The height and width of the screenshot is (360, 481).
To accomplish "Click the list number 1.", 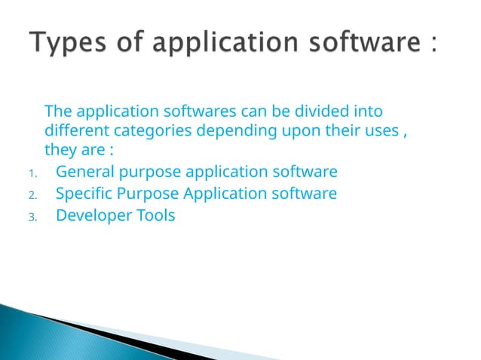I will [32, 173].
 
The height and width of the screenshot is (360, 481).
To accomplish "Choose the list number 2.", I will [32, 195].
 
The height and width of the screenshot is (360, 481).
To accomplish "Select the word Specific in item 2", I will [84, 194].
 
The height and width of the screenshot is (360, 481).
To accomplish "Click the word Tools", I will [155, 215].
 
